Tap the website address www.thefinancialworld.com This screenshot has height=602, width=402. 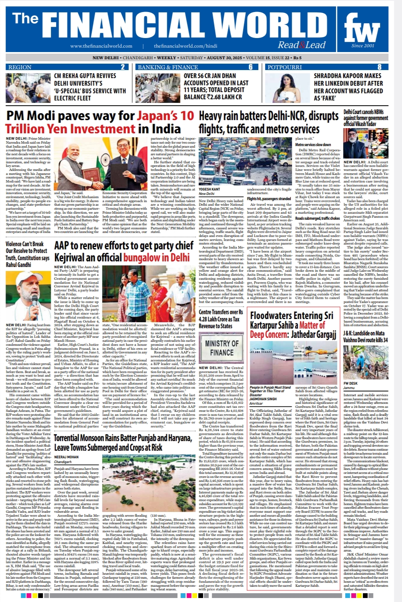point(101,46)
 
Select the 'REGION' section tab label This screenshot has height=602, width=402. point(20,67)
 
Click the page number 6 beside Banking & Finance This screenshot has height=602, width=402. point(251,67)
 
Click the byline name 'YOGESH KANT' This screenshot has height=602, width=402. point(209,189)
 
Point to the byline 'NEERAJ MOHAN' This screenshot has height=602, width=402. point(66,457)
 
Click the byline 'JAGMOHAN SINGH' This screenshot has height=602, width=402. point(263,399)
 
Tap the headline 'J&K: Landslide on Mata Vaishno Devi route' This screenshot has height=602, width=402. point(365,337)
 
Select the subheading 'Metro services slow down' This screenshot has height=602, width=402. point(313,144)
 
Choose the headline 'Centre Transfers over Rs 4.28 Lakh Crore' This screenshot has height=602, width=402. point(221,319)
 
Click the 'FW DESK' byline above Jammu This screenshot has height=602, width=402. point(350,383)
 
